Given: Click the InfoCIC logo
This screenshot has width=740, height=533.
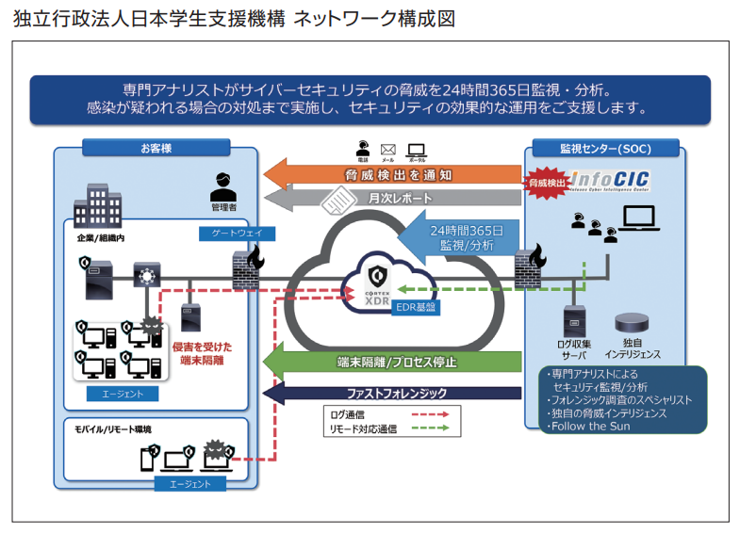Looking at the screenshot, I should tap(611, 180).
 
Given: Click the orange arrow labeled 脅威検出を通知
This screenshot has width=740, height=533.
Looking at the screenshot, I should tap(396, 174).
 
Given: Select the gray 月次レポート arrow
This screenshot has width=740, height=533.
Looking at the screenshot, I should tap(396, 199).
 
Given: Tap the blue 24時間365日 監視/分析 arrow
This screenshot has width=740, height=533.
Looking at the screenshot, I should tap(462, 236).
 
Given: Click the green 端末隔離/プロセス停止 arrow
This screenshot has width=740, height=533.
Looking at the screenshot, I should tap(396, 362).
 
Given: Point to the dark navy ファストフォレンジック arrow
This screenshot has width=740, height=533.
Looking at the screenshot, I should tap(396, 393).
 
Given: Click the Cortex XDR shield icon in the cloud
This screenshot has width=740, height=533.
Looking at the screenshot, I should tap(377, 277).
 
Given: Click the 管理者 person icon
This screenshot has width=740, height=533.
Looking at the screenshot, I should tap(222, 184).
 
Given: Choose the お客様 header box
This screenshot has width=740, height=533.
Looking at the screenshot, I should tap(156, 148).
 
